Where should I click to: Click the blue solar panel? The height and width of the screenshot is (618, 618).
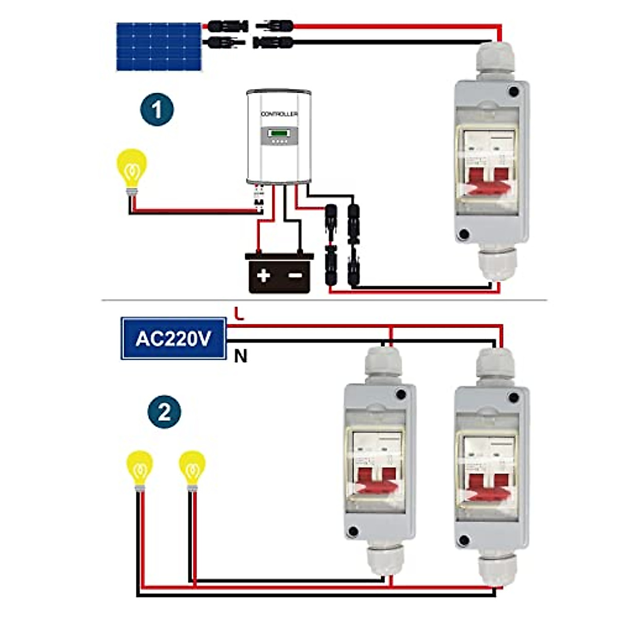159,46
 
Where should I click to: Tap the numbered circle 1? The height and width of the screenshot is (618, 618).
157,110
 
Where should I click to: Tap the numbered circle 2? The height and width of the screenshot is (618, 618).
164,413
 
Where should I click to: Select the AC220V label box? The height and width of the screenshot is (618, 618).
174,338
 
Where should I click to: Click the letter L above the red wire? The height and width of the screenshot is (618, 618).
238,313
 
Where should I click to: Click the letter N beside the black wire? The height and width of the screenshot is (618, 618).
241,356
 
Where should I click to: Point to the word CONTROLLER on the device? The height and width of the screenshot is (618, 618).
279,114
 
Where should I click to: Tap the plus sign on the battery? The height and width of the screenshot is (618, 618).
264,275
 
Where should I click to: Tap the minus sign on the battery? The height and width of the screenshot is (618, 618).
295,275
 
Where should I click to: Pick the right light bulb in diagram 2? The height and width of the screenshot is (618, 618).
192,467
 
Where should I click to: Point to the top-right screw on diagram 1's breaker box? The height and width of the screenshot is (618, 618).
513,92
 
